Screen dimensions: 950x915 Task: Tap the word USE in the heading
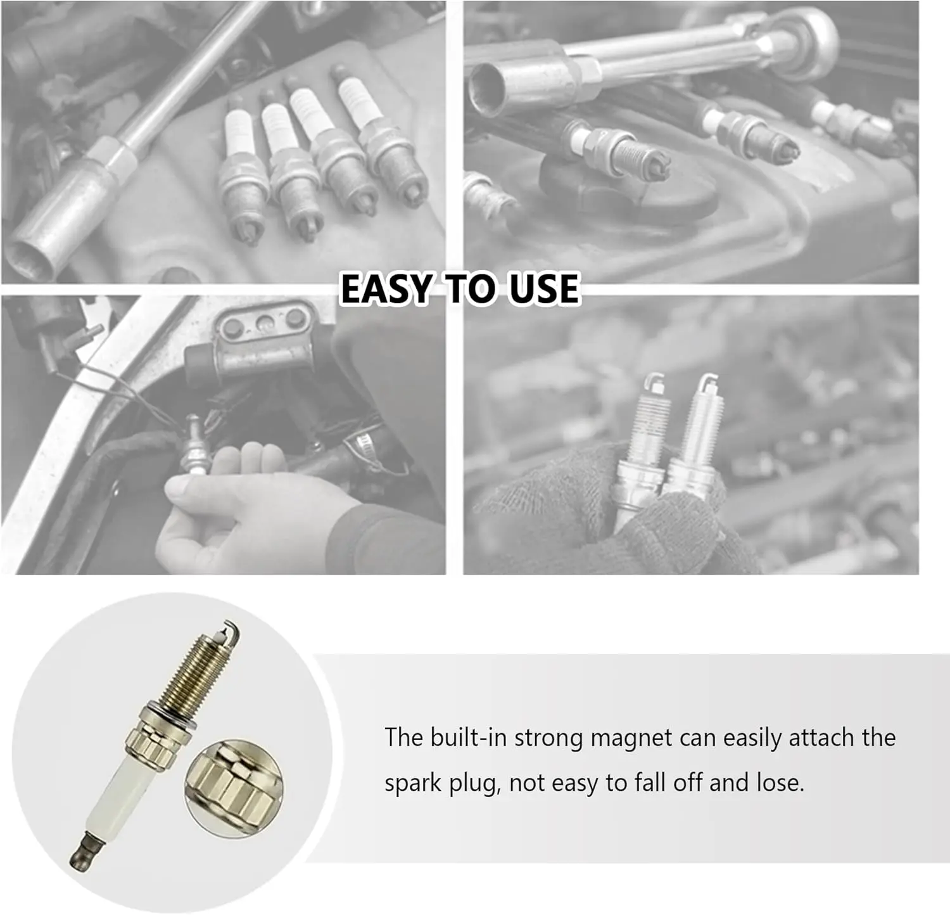click(x=543, y=289)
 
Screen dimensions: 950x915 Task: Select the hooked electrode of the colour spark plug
click(x=229, y=634)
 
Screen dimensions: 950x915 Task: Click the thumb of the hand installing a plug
click(x=190, y=488)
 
